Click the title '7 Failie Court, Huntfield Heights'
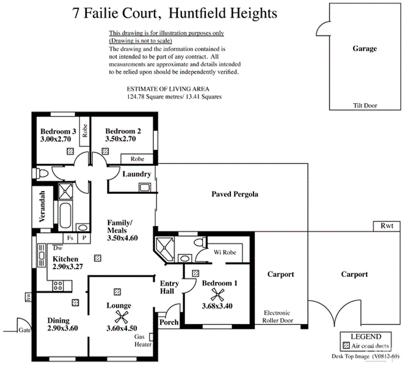[x=174, y=12]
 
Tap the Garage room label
[x=365, y=49]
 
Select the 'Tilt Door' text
[x=365, y=106]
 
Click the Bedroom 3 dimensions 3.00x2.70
[x=57, y=140]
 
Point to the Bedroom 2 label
[x=123, y=131]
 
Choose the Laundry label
[x=136, y=174]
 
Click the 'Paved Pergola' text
[x=235, y=195]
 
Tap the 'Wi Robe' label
[x=225, y=252]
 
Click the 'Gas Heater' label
[x=143, y=340]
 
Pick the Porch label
[x=168, y=322]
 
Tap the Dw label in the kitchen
[x=58, y=248]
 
